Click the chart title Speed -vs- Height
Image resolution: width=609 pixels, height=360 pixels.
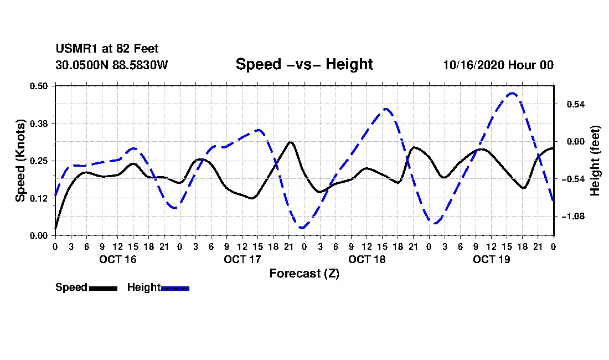click(304, 64)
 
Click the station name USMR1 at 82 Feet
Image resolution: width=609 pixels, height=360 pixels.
click(107, 49)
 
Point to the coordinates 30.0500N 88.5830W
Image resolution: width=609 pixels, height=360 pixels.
click(112, 65)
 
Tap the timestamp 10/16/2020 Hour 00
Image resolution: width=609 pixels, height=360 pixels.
click(498, 65)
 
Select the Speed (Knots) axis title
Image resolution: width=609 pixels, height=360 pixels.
click(20, 161)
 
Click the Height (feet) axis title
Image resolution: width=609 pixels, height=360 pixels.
click(595, 161)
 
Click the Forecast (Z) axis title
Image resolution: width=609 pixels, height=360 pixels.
click(304, 274)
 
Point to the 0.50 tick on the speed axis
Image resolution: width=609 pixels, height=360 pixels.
click(38, 86)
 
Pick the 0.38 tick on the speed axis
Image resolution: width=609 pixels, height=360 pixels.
click(38, 124)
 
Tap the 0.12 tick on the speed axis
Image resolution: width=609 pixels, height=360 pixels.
click(38, 198)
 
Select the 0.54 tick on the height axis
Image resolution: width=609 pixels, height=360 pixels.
click(576, 105)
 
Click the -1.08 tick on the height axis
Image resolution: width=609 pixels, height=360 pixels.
click(573, 217)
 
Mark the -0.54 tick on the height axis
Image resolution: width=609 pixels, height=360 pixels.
click(573, 179)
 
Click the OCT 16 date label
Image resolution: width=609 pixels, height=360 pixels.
click(118, 259)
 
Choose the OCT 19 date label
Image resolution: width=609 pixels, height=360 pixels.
click(491, 259)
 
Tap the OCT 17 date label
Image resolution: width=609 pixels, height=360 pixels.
click(242, 259)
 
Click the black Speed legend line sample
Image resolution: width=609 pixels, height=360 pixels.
click(103, 288)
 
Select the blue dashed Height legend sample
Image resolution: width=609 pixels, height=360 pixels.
click(175, 288)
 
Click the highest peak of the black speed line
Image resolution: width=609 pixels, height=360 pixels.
click(290, 142)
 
